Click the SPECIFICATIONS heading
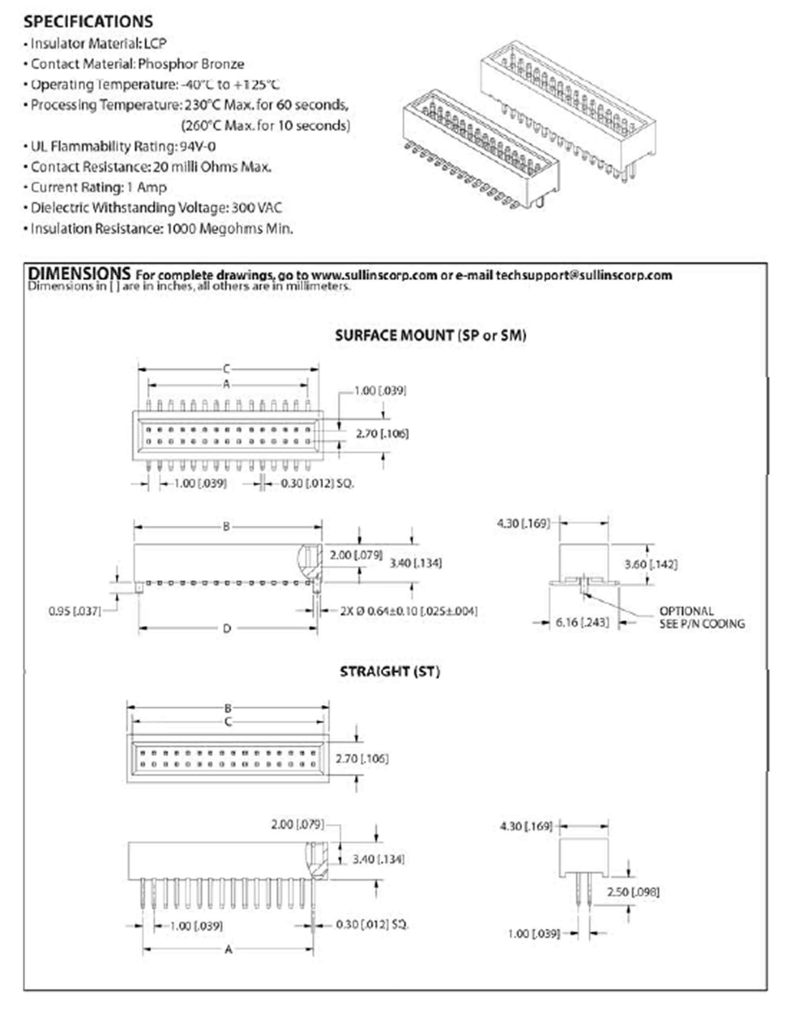(88, 21)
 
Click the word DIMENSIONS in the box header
(79, 273)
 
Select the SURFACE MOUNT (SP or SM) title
(430, 336)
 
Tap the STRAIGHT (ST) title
(390, 672)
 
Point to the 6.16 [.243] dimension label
(582, 622)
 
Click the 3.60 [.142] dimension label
(651, 564)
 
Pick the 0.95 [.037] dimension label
(74, 611)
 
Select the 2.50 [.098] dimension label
(633, 892)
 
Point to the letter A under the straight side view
(228, 950)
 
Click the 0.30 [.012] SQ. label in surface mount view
(317, 483)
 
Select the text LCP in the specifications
(155, 44)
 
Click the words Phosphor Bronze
(191, 64)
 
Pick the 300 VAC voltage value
(257, 208)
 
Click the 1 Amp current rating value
(147, 187)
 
